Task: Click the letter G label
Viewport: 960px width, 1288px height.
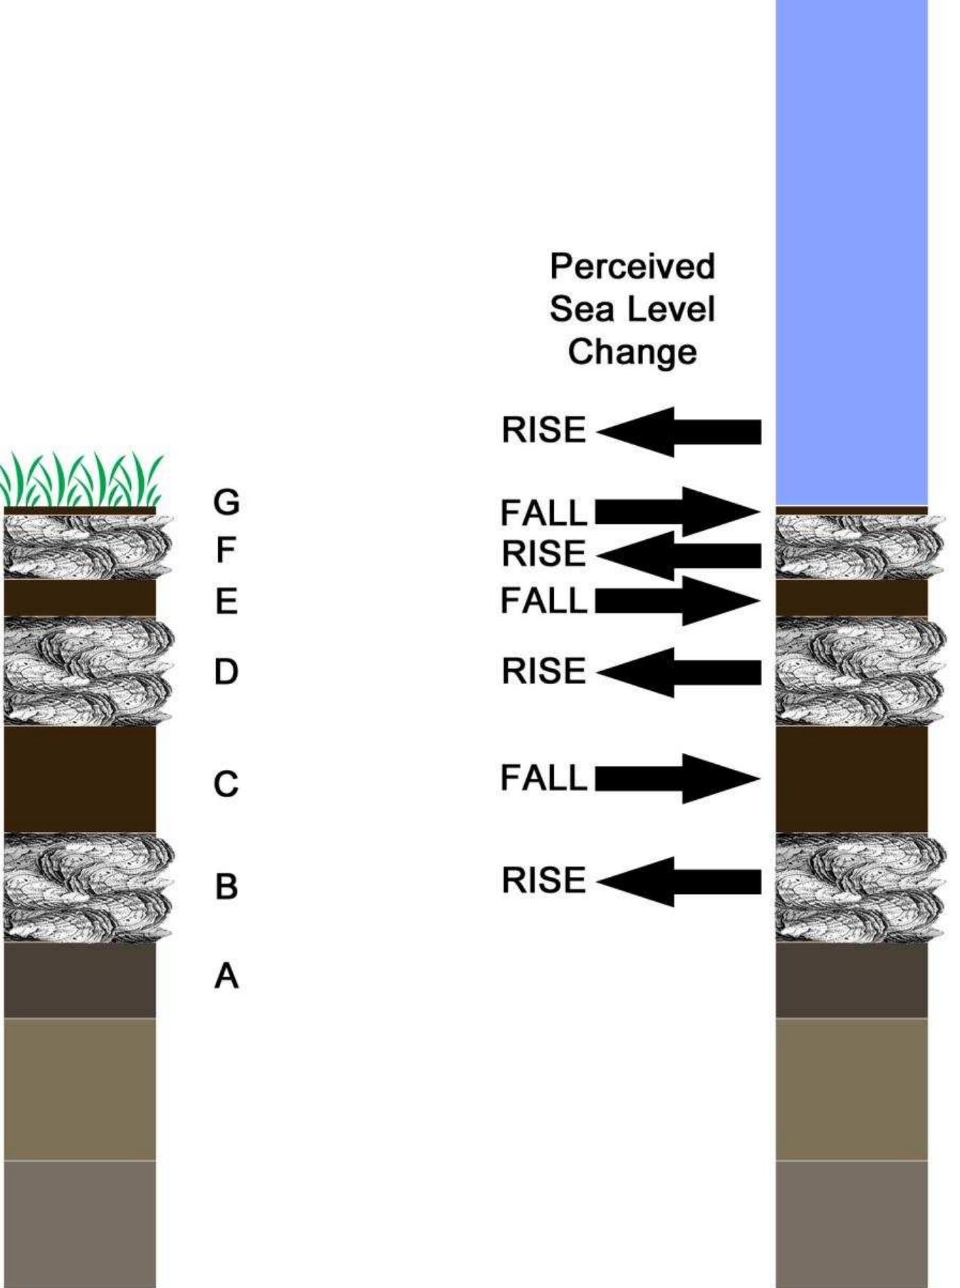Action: (x=226, y=502)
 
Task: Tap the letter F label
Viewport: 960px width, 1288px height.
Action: (x=225, y=550)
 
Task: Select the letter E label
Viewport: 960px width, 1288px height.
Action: (x=226, y=602)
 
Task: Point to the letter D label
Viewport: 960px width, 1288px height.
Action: (x=226, y=672)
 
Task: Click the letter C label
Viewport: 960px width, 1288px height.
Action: (x=226, y=784)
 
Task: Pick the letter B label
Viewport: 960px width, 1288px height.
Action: (x=226, y=887)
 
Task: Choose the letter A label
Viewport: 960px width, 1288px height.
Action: (x=226, y=975)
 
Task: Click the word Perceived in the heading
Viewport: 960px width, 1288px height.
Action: (x=632, y=266)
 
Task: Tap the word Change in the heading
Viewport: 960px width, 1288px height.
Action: (x=632, y=352)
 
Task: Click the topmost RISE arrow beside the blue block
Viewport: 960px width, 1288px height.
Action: (x=680, y=432)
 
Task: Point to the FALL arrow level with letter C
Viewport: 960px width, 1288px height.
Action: (x=677, y=779)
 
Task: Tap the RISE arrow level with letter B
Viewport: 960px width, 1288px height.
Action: (x=680, y=881)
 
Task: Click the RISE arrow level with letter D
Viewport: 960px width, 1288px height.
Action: (x=680, y=672)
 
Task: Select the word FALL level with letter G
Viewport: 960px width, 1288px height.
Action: (x=543, y=514)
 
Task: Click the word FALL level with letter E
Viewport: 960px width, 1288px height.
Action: (x=543, y=601)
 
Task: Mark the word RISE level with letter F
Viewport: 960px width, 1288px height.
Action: (x=543, y=554)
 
